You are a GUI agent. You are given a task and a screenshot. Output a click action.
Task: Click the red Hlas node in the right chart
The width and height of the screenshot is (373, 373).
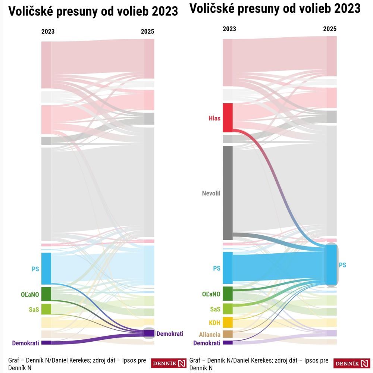[x=228, y=118]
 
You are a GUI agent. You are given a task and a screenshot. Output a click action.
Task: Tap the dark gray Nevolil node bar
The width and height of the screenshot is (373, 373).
[x=228, y=192]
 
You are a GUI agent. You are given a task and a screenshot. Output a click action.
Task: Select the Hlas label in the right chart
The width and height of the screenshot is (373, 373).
[x=214, y=119]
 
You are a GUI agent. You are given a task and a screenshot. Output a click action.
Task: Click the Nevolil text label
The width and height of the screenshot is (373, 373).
[x=211, y=193]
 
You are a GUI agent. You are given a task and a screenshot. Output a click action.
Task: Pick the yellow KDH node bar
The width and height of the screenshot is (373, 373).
[x=228, y=322]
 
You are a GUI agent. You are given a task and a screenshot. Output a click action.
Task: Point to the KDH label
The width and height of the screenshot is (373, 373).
[x=214, y=322]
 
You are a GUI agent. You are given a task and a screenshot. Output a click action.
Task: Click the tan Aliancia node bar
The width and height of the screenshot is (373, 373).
[x=228, y=334]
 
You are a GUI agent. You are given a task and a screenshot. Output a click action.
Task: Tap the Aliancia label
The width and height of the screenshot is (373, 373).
[x=210, y=335]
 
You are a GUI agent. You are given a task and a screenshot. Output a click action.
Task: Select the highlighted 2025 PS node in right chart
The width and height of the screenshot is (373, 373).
[x=331, y=265]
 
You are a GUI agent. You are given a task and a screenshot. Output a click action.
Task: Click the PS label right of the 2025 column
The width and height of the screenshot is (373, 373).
[x=342, y=265]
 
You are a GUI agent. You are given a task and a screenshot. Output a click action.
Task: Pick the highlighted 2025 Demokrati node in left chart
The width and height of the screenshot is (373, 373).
[x=149, y=333]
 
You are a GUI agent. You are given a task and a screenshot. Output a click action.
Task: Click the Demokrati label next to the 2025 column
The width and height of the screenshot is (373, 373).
[x=170, y=334]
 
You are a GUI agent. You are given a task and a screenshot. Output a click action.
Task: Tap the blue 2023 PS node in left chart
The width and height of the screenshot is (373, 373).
[x=46, y=268]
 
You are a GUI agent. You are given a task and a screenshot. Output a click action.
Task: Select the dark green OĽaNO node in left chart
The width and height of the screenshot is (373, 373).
[x=46, y=294]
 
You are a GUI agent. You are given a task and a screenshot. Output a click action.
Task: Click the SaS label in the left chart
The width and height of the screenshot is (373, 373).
[x=34, y=309]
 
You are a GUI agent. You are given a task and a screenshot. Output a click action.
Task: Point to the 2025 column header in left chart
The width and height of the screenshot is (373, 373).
[x=147, y=32]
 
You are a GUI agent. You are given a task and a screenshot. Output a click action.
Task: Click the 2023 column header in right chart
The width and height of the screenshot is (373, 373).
[x=229, y=29]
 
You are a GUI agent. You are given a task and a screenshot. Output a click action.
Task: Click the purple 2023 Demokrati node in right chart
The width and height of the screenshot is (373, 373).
[x=228, y=342]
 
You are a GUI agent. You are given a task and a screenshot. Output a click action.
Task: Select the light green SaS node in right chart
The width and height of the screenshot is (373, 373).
[x=228, y=309]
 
